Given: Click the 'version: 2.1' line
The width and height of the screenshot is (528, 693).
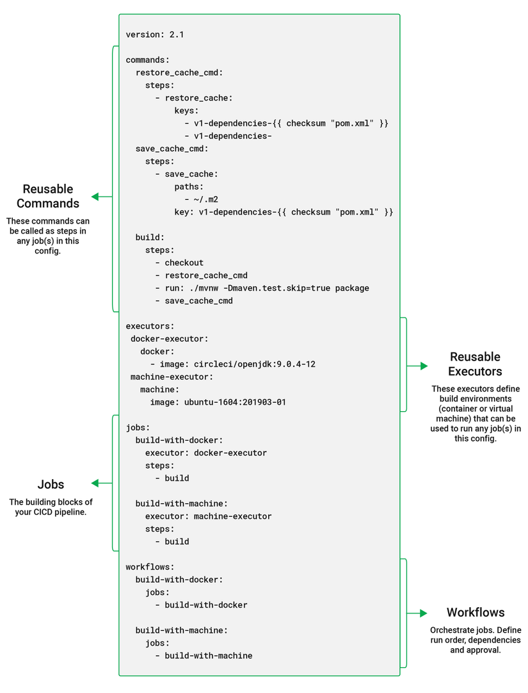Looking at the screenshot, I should pos(155,35).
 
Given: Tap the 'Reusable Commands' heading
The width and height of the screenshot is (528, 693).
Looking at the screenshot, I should pos(48,196).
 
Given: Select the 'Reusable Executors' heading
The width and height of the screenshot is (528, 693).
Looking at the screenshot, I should pos(475,364).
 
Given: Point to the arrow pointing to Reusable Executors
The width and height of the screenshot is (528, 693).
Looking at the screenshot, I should pos(417,366).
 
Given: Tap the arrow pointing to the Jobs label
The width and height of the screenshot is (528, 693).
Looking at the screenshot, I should pos(101,483).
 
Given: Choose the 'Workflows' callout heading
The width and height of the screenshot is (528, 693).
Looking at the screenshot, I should pos(476,612).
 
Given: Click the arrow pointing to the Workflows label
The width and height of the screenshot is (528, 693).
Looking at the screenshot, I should pos(417,613).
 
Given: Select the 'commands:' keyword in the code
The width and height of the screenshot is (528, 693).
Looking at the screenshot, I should pos(148,60).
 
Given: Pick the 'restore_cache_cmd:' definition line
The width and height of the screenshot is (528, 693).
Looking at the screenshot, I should pos(179,72).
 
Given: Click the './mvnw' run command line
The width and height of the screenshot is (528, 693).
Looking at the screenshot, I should pos(262,288).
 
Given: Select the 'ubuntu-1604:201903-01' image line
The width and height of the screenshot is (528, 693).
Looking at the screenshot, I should pos(218,402).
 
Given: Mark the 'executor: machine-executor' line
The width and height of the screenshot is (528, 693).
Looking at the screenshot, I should pos(208,516).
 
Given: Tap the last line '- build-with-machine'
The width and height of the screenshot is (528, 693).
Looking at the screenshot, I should pos(204,655).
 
